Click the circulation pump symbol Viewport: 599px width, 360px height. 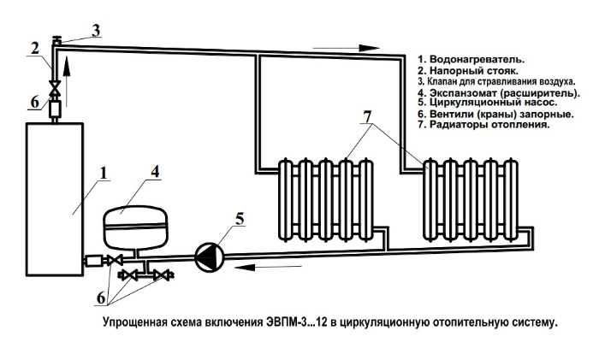[x=208, y=254]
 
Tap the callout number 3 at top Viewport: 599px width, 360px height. [x=96, y=30]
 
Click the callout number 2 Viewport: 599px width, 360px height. [x=33, y=48]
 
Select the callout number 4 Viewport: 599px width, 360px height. [x=154, y=171]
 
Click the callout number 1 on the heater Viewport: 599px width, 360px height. [x=103, y=173]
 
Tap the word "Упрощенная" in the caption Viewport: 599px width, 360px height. [x=135, y=324]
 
